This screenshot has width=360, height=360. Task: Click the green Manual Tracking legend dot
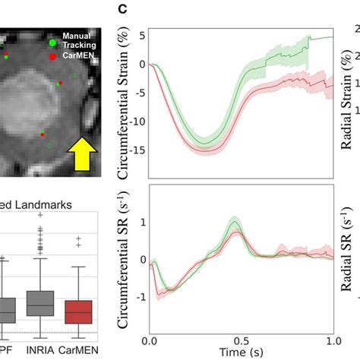tap(52, 42)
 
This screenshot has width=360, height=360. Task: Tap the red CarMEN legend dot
tap(52, 56)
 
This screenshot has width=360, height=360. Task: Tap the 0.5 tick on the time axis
tap(242, 339)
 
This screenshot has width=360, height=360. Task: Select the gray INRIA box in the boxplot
tap(42, 303)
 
